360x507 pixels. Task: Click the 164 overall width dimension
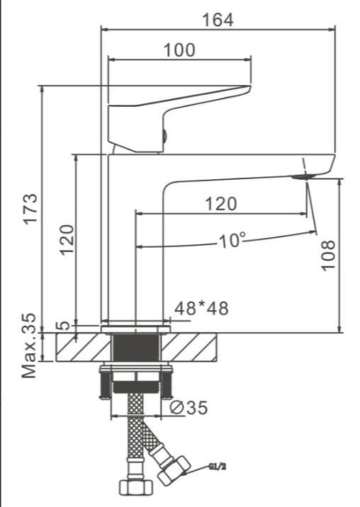218,20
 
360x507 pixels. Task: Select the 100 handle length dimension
180,50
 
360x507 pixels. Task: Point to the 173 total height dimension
31,209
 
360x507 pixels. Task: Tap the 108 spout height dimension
328,255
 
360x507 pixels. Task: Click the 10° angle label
232,241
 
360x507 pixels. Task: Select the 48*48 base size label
201,308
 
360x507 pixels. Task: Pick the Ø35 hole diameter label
189,408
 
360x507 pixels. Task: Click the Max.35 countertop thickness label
29,346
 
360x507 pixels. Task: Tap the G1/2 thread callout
218,467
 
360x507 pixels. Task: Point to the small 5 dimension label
64,325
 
